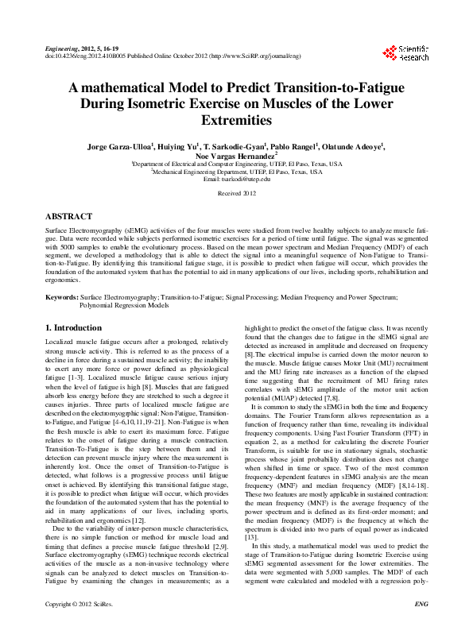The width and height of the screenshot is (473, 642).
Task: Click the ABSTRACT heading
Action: tap(68, 215)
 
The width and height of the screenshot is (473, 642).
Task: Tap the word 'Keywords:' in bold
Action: tap(62, 296)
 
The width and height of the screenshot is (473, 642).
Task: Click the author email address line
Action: tap(237, 179)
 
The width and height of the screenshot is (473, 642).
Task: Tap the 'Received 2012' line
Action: tap(237, 193)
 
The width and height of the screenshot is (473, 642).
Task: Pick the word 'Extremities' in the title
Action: tap(237, 121)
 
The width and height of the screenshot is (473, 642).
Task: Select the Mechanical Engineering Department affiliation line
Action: tap(237, 172)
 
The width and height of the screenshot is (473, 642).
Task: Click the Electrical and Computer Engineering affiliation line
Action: tap(237, 164)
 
